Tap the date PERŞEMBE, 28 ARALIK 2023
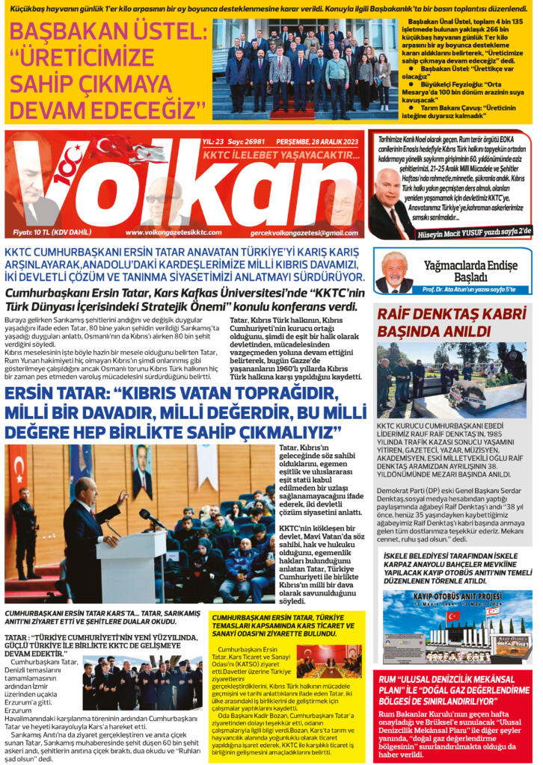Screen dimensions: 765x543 click(x=317, y=143)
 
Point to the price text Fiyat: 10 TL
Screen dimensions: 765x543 click(x=53, y=232)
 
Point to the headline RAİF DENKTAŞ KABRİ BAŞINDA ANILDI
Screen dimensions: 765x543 click(x=451, y=322)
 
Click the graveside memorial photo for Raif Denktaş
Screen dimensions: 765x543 click(x=451, y=381)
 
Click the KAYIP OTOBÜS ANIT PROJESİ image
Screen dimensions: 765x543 click(x=457, y=628)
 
